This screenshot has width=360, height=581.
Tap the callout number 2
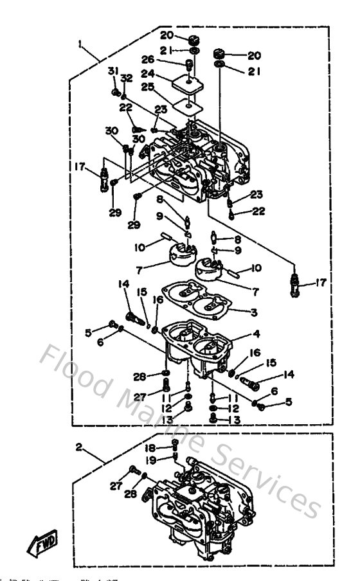pos(79,445)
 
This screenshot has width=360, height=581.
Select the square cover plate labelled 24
pos(187,83)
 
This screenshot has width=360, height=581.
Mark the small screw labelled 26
pos(188,64)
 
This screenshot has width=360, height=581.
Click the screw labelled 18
pos(175,447)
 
